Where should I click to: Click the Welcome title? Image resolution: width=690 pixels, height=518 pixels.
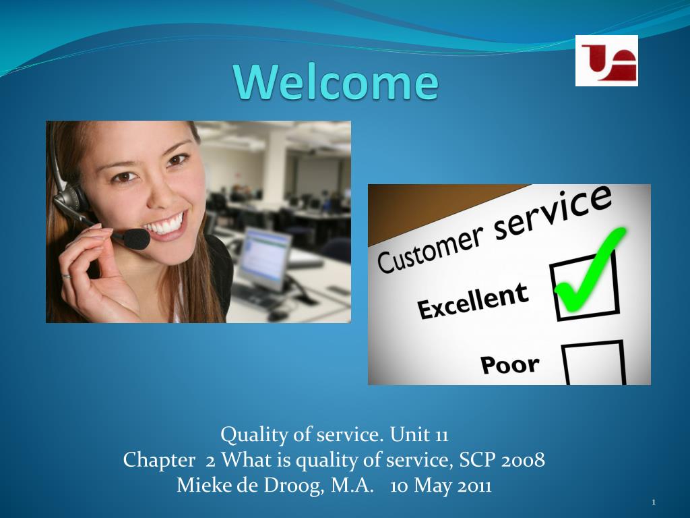(x=337, y=82)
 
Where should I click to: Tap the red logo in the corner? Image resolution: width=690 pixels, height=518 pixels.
(x=606, y=61)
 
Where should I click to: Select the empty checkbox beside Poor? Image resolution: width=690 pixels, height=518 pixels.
(x=594, y=363)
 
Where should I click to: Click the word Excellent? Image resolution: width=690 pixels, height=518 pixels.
(x=472, y=301)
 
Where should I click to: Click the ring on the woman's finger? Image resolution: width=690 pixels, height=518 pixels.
(x=66, y=276)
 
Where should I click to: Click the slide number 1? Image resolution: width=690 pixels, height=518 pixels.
(x=654, y=502)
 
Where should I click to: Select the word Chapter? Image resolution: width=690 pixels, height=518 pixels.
(x=159, y=461)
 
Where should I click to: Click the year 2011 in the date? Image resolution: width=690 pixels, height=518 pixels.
(x=474, y=486)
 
